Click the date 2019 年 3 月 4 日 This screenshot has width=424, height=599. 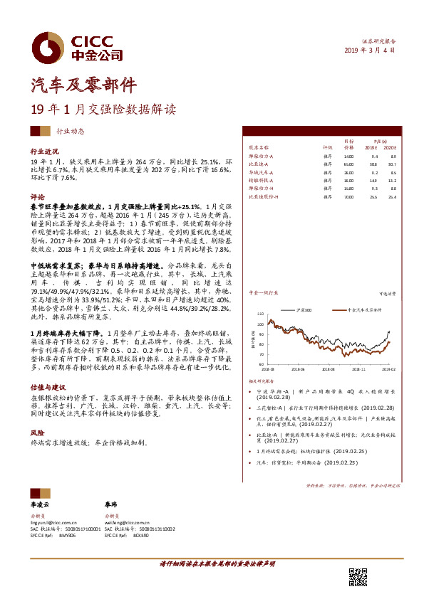point(369,50)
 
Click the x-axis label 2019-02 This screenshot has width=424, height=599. point(386,369)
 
